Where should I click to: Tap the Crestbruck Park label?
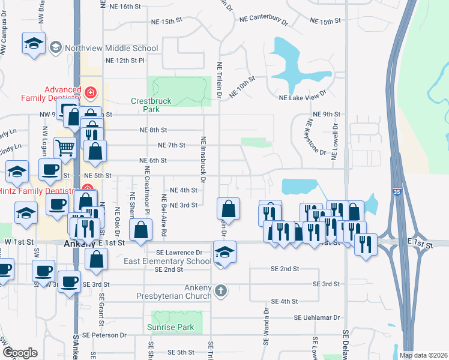coord(153,105)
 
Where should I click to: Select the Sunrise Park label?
coord(171,327)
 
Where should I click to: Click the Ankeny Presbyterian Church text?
coord(178,292)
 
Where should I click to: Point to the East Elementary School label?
coord(167,261)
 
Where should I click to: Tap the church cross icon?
coord(221,292)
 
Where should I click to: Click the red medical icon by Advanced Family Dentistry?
coord(90,92)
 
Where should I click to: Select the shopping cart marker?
coord(65,147)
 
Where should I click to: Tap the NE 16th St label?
coord(125,6)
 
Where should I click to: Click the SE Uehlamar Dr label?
coord(317,317)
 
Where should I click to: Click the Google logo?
coord(20,353)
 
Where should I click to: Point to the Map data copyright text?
coord(423,355)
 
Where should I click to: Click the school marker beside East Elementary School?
coord(224,253)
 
